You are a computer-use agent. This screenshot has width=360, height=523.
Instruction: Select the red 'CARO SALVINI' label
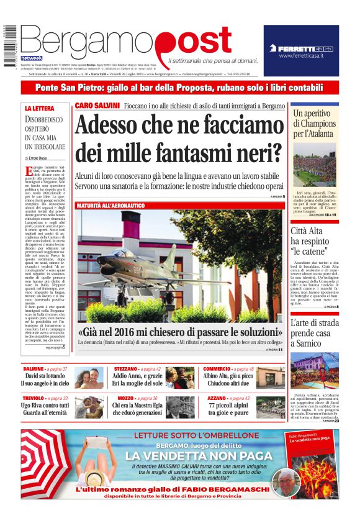pos(97,106)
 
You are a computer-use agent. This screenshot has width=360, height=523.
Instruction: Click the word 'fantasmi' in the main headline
pos(197,152)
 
